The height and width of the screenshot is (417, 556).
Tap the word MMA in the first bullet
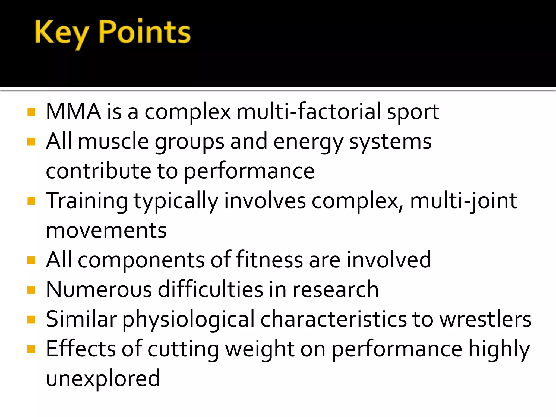pos(74,112)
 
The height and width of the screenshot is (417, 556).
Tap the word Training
pos(87,201)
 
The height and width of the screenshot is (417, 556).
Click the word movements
pos(106,231)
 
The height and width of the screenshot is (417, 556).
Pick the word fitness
pos(269,260)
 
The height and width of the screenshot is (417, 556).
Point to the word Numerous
pos(99,290)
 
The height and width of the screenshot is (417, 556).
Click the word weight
pos(260,350)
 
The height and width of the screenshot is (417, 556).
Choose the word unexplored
pos(103,379)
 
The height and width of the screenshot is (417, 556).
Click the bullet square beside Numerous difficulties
pos(31,290)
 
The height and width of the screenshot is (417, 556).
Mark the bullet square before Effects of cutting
pos(31,349)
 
